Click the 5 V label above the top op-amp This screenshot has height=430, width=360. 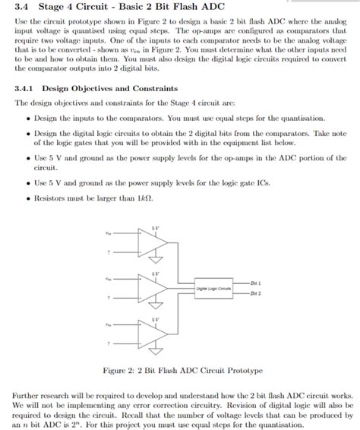(156, 227)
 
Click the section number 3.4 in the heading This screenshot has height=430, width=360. (22, 8)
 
